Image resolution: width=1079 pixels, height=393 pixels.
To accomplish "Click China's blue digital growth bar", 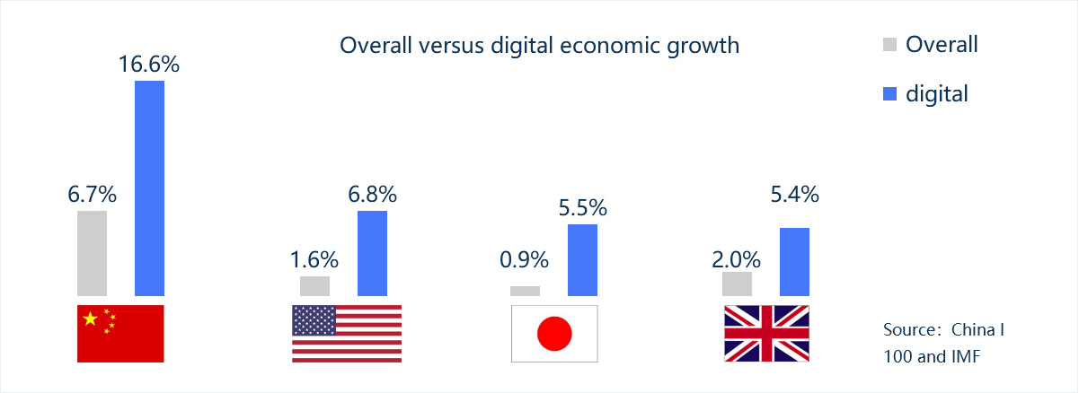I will pyautogui.click(x=149, y=188).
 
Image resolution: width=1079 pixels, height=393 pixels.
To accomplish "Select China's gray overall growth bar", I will pyautogui.click(x=92, y=253).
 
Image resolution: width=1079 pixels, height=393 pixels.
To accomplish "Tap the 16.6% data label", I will pyautogui.click(x=148, y=65).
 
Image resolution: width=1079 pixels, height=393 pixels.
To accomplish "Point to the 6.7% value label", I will pyautogui.click(x=92, y=194).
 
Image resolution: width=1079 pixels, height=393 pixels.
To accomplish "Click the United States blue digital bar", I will pyautogui.click(x=372, y=253).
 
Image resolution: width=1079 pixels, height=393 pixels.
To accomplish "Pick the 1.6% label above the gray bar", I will pyautogui.click(x=314, y=260).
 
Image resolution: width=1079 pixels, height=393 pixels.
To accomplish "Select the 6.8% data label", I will pyautogui.click(x=372, y=194).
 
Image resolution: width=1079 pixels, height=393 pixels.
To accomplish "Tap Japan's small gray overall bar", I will pyautogui.click(x=525, y=291).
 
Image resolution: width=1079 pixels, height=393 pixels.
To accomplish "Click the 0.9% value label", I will pyautogui.click(x=525, y=260).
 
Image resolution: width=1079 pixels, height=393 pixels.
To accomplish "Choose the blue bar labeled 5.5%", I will pyautogui.click(x=582, y=259).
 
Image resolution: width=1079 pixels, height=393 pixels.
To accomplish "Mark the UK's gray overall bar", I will pyautogui.click(x=737, y=284).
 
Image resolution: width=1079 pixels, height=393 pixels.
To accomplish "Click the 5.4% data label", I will pyautogui.click(x=794, y=194).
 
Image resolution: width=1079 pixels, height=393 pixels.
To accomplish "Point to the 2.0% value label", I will pyautogui.click(x=737, y=260).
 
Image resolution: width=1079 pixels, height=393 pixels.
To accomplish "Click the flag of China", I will pyautogui.click(x=120, y=333).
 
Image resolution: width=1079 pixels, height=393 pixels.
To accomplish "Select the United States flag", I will pyautogui.click(x=347, y=333).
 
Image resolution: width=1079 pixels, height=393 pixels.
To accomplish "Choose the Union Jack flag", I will pyautogui.click(x=766, y=333).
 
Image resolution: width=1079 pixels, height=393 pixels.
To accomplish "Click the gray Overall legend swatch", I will pyautogui.click(x=890, y=44).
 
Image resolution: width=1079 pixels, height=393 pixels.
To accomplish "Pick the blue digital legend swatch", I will pyautogui.click(x=890, y=92).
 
